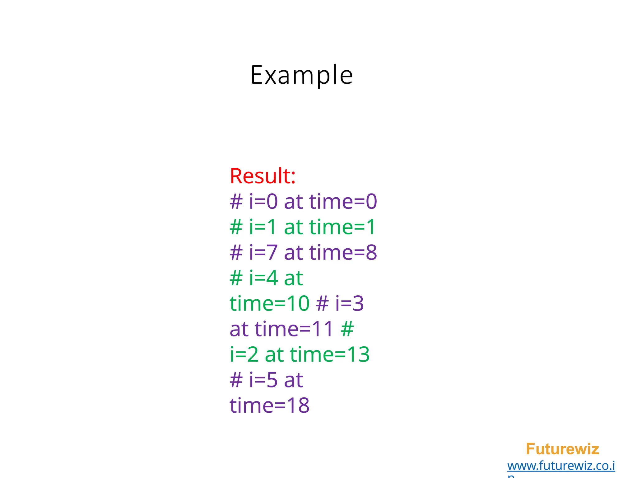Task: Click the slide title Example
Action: pos(301,75)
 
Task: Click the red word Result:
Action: pos(263,176)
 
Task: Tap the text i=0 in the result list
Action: pos(263,201)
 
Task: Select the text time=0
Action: pos(343,201)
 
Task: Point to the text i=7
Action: pos(263,252)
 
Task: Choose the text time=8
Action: pos(343,252)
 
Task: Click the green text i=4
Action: pos(263,278)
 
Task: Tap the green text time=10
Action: pos(269,303)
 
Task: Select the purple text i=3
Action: pos(349,303)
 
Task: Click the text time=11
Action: pos(294,329)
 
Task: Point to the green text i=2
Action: pos(244,354)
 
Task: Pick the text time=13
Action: pos(330,354)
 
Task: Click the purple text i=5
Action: pos(263,380)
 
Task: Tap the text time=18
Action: pos(269,405)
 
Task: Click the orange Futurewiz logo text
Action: pos(562,449)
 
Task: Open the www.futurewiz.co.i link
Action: pos(561,466)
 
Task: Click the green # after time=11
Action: pos(347,329)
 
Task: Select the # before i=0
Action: pos(236,201)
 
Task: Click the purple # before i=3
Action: pos(322,303)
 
